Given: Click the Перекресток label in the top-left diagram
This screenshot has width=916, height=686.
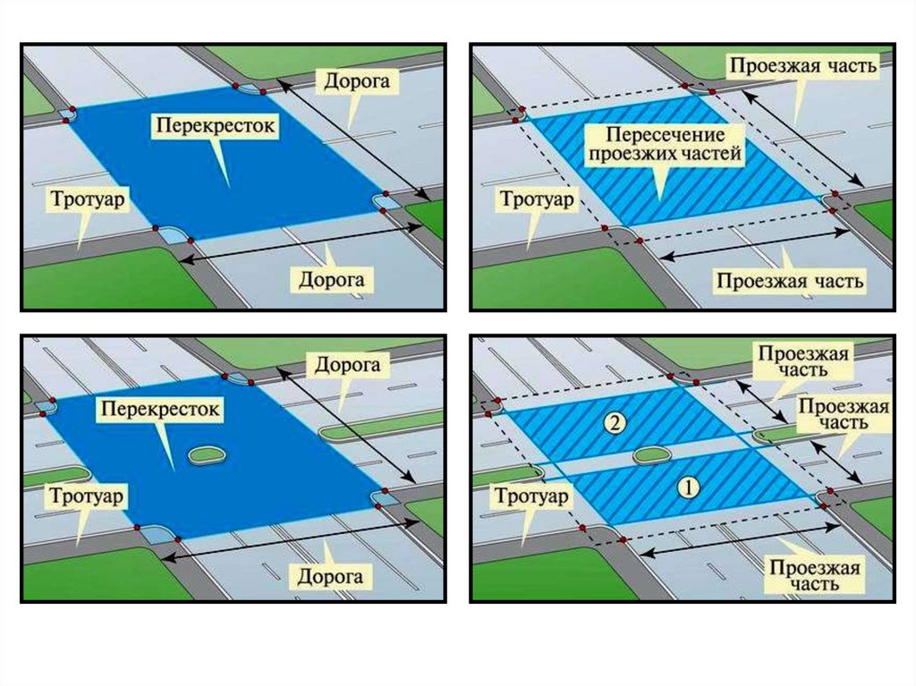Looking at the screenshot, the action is click(x=214, y=125).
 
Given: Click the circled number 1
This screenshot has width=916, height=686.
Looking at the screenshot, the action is click(x=687, y=487).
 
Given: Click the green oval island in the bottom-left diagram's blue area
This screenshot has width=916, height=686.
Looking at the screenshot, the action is click(x=206, y=453).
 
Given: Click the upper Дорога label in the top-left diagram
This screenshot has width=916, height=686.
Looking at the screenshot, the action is click(x=356, y=82).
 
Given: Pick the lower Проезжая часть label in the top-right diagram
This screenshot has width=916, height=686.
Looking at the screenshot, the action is click(x=790, y=281).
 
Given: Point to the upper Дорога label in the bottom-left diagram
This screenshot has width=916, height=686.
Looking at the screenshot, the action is click(x=347, y=365).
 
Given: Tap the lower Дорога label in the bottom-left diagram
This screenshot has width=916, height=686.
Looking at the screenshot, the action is click(x=330, y=576).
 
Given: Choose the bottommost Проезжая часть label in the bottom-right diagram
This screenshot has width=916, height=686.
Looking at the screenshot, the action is click(x=814, y=576).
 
